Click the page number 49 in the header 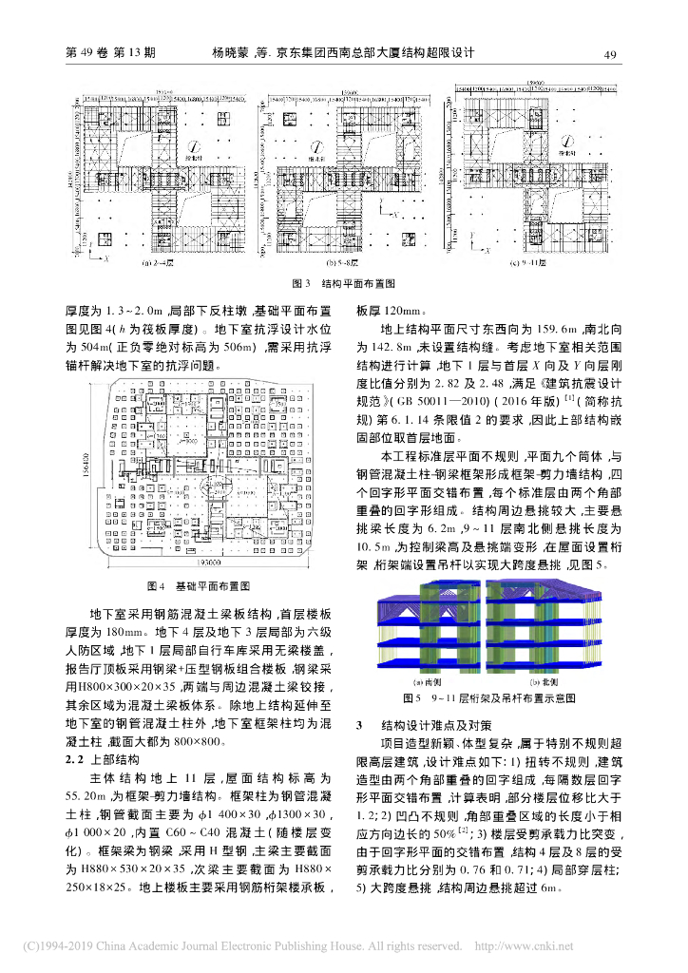(x=611, y=55)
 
